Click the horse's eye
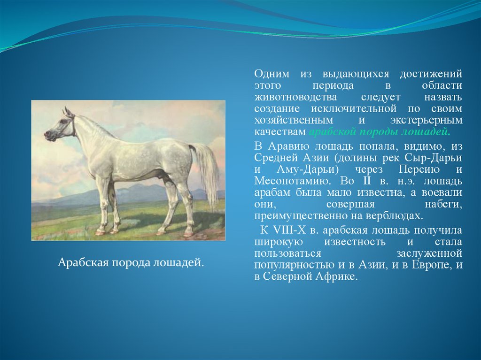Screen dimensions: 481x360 point(63,122)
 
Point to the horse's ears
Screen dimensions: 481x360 point(68,112)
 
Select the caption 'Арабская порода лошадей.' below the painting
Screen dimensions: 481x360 point(131,262)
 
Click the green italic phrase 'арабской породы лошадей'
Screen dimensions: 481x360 point(380,132)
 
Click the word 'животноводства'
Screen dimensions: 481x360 point(295,97)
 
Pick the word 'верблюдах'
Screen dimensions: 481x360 point(394,216)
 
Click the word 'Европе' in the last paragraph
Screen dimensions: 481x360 point(431,265)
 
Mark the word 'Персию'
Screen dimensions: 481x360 point(419,169)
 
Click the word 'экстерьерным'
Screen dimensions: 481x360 point(426,121)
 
